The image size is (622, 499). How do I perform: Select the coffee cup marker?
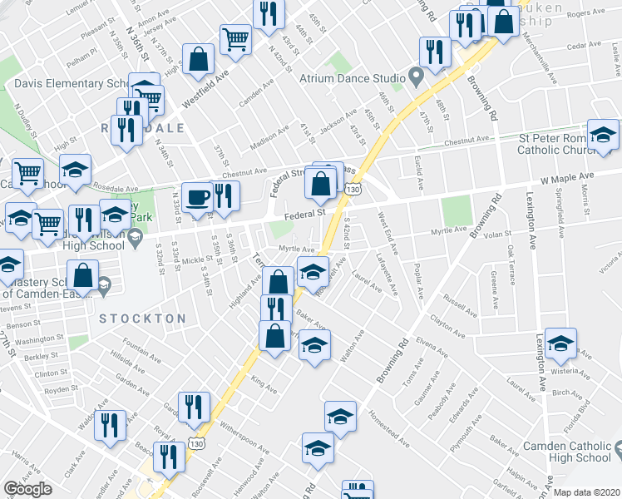(x=197, y=198)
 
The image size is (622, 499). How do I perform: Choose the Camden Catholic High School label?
(x=567, y=452)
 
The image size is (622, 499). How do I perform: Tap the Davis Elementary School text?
(x=70, y=84)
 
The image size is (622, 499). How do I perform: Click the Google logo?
(x=27, y=488)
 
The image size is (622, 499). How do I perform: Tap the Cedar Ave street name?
(x=583, y=47)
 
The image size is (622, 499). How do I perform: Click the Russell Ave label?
(x=460, y=301)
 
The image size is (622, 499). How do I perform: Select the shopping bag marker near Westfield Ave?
(x=199, y=59)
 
